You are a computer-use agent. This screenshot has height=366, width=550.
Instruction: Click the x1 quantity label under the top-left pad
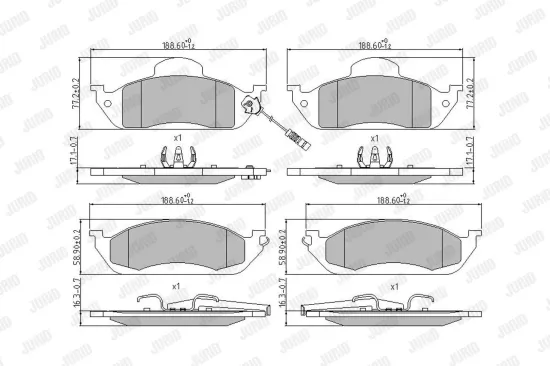click(177, 137)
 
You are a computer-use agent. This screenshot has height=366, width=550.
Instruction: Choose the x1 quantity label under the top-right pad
click(374, 137)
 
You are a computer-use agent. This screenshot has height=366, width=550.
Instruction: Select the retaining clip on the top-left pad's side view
click(175, 157)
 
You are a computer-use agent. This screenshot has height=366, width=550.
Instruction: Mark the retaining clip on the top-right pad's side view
click(372, 157)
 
